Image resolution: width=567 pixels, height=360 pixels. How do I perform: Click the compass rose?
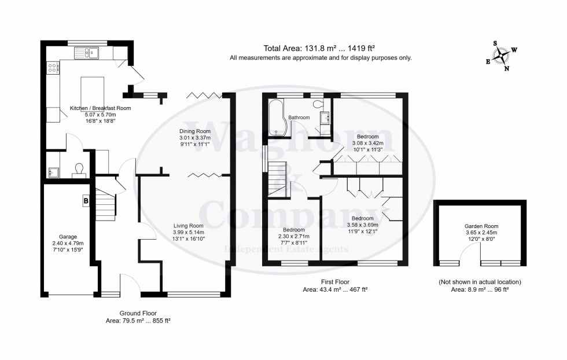502,56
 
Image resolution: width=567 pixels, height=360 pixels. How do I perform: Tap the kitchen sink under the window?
88,53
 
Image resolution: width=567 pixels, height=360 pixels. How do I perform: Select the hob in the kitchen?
53,69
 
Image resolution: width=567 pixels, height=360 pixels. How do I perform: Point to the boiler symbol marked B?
86,200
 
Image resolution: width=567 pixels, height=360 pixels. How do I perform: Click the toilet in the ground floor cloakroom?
79,168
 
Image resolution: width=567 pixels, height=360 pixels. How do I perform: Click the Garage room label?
68,237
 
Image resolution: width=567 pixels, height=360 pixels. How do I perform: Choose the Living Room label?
189,225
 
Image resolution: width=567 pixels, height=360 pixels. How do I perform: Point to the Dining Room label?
194,131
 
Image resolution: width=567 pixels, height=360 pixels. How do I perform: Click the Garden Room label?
481,226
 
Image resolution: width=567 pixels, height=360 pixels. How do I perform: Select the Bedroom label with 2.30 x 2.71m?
293,229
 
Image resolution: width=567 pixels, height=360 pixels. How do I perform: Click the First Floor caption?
335,282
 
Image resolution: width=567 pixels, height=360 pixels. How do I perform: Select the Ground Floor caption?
138,313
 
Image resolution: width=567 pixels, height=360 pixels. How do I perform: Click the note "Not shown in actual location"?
480,282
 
